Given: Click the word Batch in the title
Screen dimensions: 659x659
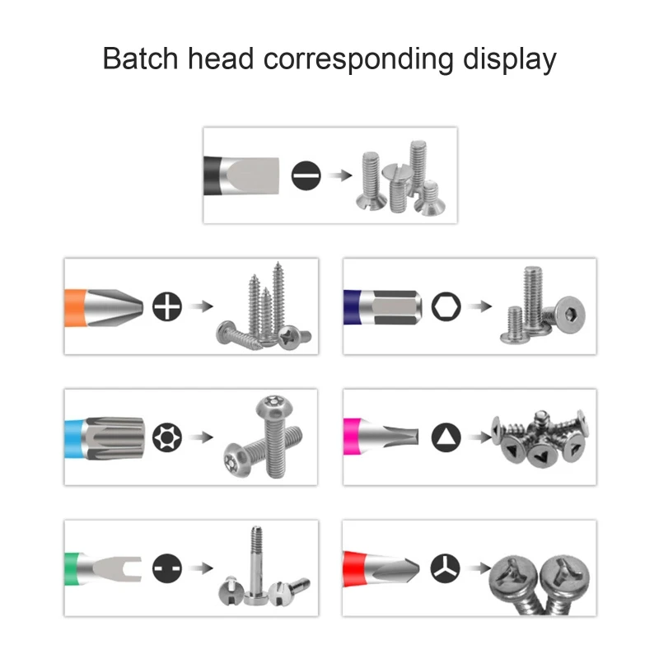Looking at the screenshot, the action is [140, 58].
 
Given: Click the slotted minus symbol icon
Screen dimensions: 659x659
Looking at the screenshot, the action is [306, 175].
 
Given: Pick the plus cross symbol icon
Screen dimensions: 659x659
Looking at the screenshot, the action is [167, 306].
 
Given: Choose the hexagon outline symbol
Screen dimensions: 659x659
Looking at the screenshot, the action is [446, 306].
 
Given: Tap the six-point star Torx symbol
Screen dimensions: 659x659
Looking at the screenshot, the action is [167, 437].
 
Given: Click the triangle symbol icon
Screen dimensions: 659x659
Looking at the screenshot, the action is [446, 437].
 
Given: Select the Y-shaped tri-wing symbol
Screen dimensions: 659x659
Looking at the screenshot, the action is [446, 568].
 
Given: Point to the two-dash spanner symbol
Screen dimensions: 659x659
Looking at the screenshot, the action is [167, 568].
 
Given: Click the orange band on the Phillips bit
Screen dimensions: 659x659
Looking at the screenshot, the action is [75, 307].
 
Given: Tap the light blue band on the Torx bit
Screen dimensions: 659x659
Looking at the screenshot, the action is [75, 438].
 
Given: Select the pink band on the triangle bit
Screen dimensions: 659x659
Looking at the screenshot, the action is [353, 437].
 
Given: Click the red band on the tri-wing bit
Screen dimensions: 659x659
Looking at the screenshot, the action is [354, 568].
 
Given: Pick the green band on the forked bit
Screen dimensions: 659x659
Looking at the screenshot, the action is [72, 569].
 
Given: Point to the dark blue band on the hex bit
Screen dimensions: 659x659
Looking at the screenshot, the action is [353, 306].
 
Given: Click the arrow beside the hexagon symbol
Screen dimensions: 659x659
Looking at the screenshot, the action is [479, 306].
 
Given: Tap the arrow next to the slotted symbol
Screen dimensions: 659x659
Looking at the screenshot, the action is [340, 175].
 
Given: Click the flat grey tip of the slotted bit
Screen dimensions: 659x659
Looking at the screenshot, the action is [251, 176].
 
